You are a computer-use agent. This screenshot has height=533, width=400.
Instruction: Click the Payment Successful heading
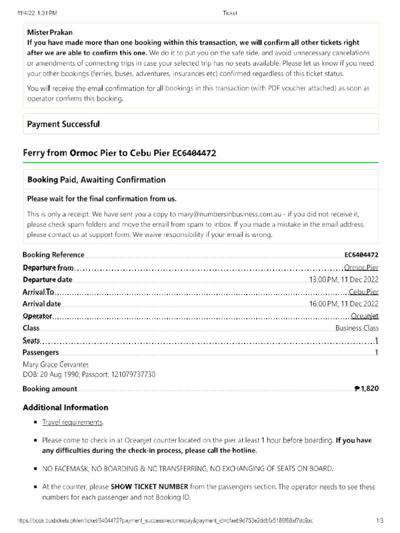pos(63,124)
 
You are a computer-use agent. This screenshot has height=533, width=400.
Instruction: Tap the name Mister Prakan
pos(50,32)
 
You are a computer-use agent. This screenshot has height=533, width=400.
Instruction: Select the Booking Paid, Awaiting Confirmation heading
pos(96,180)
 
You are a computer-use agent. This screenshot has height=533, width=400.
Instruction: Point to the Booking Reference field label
pos(53,255)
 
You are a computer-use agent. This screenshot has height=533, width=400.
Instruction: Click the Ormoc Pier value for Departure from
pos(361,268)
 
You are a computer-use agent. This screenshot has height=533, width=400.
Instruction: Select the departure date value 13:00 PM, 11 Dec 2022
pos(344,280)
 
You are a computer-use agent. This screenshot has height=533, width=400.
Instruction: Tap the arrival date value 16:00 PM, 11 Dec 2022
pos(344,304)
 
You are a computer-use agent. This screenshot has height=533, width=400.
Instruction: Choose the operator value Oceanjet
pos(365,316)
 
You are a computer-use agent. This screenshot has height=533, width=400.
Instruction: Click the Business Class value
pos(357,328)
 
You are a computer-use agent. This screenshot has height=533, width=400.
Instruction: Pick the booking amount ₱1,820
pos(366,388)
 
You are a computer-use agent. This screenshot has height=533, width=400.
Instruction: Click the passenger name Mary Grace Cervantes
pos(56,365)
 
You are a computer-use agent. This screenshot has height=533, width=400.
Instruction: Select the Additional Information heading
pos(65,407)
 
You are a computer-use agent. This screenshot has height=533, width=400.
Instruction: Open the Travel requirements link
pos(72,423)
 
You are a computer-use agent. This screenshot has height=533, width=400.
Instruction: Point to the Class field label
pos(31,328)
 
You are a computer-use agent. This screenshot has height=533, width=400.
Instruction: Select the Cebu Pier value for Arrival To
pos(364,292)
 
